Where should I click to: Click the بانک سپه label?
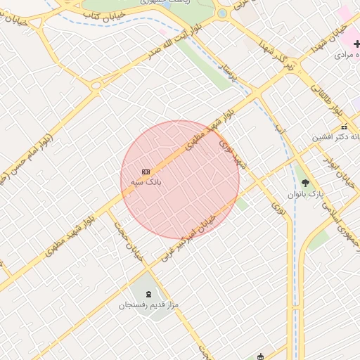pos(146,181)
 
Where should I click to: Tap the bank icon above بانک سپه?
pos(146,172)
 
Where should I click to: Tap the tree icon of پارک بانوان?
pos(304,183)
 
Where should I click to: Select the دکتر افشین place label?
pos(337,137)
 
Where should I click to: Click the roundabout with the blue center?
pos(222,13)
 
